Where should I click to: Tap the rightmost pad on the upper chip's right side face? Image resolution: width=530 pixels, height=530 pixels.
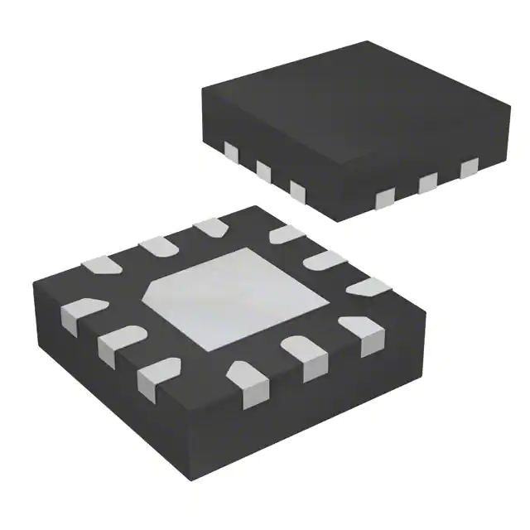[x=470, y=168]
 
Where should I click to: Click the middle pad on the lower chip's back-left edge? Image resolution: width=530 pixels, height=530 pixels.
[x=153, y=245]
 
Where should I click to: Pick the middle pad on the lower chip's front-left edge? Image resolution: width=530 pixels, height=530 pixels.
[x=113, y=344]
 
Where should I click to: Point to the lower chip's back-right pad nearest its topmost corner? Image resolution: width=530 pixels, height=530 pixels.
[x=286, y=234]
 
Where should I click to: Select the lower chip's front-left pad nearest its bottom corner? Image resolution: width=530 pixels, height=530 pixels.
[x=155, y=374]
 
